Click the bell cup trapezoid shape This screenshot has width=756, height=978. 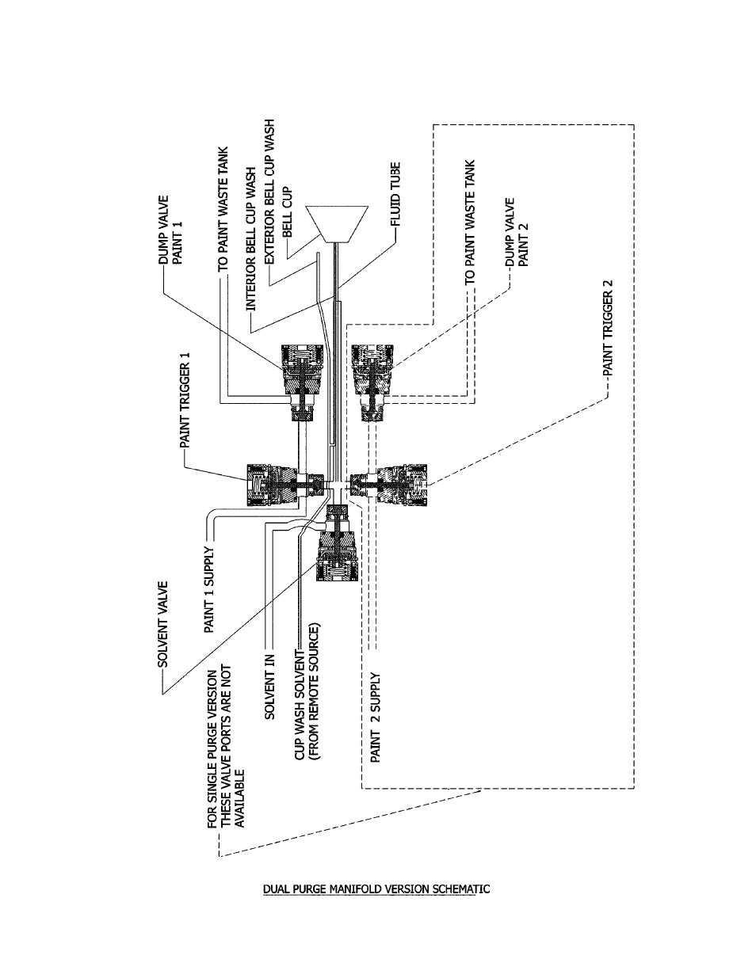tap(337, 224)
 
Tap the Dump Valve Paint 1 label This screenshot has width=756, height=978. tap(171, 230)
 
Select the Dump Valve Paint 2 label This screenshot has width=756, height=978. tap(517, 232)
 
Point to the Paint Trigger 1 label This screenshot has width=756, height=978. tap(185, 400)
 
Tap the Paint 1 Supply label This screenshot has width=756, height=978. tap(209, 589)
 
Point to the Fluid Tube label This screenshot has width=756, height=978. tap(395, 194)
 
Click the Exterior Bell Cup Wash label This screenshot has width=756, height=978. tap(269, 192)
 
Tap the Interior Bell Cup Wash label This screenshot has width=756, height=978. tap(250, 239)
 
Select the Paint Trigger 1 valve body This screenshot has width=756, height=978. tap(285, 485)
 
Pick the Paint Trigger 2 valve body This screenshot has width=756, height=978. tap(388, 485)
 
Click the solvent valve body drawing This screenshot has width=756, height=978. tap(338, 542)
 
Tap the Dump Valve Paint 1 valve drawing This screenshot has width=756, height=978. tap(302, 382)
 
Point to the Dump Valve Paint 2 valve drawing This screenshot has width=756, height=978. tap(372, 382)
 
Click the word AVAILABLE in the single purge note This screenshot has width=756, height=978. tap(240, 798)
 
